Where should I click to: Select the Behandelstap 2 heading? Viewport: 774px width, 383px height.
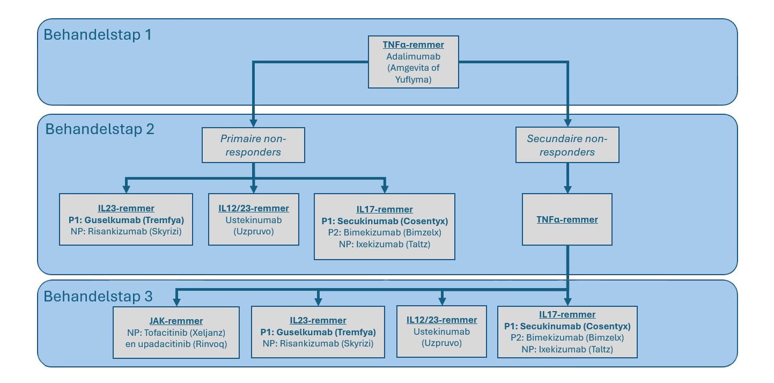coord(100,129)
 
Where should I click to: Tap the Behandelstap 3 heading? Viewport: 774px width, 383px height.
coord(98,297)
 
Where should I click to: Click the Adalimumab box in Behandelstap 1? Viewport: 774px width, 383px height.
coord(413,61)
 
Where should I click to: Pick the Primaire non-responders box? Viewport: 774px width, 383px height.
coord(253,145)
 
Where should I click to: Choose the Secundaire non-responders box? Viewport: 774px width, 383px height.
coord(567,145)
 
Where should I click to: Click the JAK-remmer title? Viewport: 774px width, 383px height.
coord(176,321)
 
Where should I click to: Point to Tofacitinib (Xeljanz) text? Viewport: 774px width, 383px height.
coord(176,332)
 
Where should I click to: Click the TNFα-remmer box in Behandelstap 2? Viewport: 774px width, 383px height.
coord(567,219)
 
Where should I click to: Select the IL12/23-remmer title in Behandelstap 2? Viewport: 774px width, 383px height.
coord(254,208)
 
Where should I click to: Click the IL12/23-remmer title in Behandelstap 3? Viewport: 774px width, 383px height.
coord(441,320)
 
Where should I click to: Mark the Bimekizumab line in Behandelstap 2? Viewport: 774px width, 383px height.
coord(384,233)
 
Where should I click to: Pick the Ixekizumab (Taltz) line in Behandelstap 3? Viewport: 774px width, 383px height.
coord(567,349)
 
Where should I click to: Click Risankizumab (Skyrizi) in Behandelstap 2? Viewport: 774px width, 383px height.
coord(126,231)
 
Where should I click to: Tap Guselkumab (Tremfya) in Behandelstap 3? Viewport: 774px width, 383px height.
coord(318,332)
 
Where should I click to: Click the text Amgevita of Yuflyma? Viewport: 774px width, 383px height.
coord(413,72)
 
